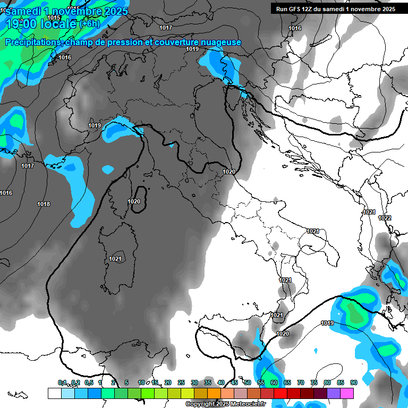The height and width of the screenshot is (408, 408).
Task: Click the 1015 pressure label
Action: [54, 18]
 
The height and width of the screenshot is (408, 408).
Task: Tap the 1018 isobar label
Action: [44, 205]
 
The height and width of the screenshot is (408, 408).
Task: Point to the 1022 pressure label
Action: [385, 218]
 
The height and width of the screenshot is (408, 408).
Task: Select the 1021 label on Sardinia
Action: [115, 259]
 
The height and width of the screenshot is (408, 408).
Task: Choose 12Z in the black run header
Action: [310, 9]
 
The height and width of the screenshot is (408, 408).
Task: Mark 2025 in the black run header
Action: [387, 9]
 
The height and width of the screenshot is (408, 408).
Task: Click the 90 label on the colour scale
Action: [353, 382]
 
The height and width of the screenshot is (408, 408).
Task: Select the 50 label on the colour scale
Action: [248, 382]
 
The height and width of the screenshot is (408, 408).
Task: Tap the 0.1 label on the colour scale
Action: [62, 382]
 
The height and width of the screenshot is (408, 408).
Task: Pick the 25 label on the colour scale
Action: [181, 382]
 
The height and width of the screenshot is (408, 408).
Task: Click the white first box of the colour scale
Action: [54, 393]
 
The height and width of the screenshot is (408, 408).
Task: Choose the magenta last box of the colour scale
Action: [347, 393]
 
